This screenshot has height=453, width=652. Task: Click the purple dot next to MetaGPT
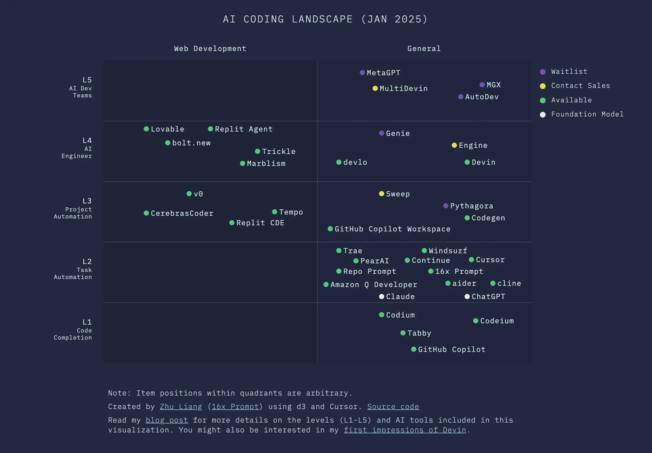pos(362,73)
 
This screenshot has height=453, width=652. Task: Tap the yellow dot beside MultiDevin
pos(375,89)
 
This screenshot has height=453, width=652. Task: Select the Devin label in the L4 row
pos(483,162)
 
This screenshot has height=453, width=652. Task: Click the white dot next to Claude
pos(382,297)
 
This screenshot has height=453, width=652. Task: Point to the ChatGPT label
pos(488,297)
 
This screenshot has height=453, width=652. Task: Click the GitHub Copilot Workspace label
pos(392,229)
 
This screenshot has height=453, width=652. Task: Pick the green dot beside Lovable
pos(146,129)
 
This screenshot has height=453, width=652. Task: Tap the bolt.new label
pos(191,143)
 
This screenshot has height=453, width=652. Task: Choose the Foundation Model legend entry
pos(587,114)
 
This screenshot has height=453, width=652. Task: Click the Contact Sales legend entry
pos(580,86)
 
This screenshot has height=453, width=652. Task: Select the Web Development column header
pos(210,49)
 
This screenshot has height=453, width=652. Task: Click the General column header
pos(424,49)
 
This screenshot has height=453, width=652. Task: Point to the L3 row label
pos(87,201)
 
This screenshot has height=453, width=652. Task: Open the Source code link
pos(393,407)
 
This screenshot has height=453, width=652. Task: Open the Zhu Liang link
pos(181,407)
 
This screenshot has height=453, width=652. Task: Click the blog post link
pos(167,420)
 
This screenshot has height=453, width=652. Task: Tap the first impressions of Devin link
pos(405,430)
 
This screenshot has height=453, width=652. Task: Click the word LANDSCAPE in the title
pos(322,19)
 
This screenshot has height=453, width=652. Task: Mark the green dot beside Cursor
pos(472,260)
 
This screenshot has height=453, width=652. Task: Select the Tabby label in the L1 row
pos(419,333)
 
